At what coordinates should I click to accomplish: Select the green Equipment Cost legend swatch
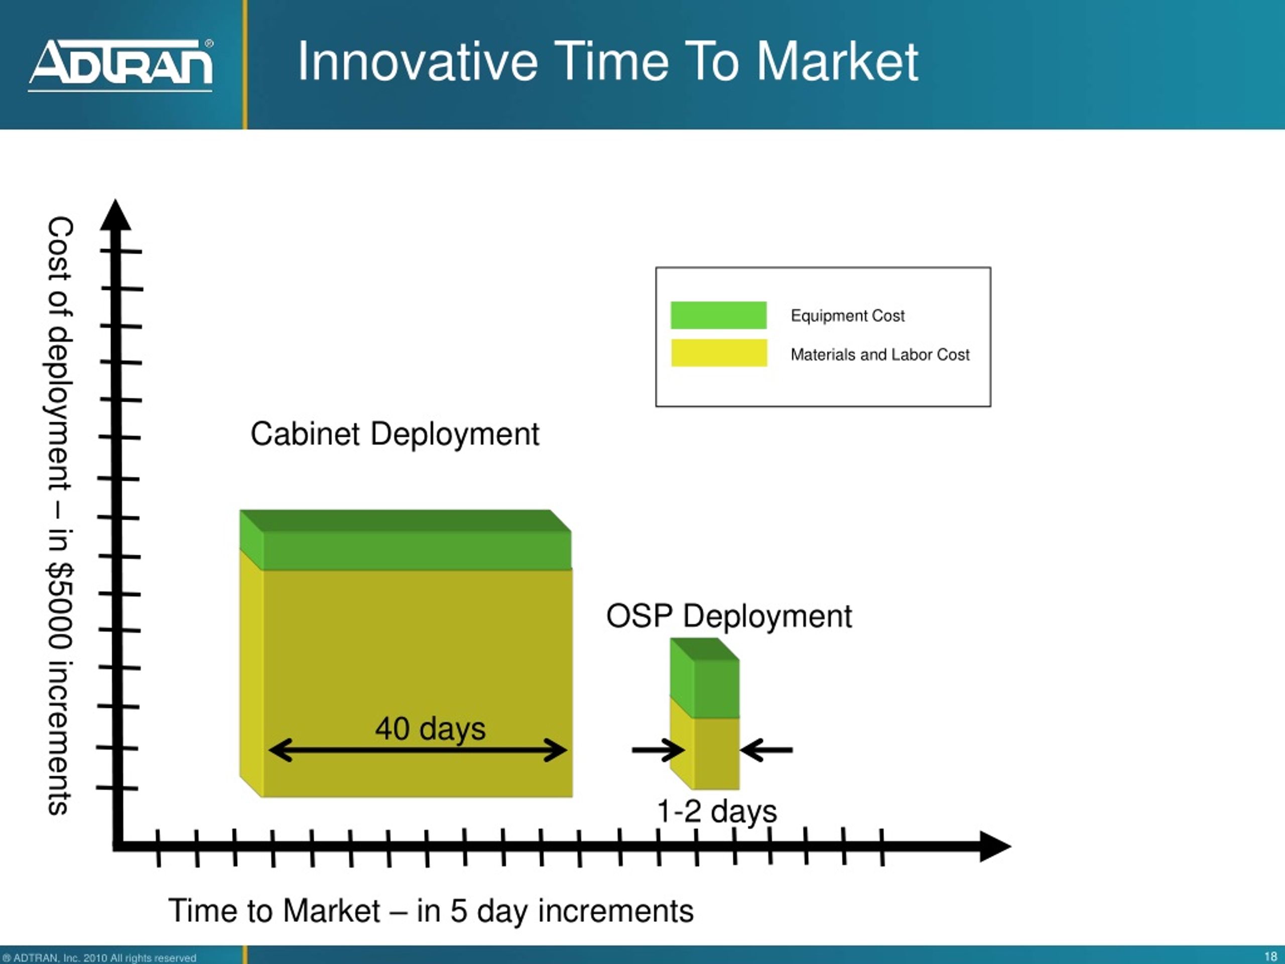point(719,315)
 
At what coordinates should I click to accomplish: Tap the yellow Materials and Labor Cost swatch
point(719,352)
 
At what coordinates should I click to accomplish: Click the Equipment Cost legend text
point(848,315)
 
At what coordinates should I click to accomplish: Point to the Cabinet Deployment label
point(395,434)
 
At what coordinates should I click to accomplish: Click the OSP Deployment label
point(728,616)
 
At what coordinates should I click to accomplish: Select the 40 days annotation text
point(430,729)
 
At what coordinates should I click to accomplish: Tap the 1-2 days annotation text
point(716,811)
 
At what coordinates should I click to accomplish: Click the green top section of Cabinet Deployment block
point(406,540)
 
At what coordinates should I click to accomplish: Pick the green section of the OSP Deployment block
point(705,678)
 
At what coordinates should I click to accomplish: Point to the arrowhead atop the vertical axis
point(115,215)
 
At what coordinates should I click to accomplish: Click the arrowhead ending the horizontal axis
point(995,846)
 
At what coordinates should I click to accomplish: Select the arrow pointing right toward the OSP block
point(658,750)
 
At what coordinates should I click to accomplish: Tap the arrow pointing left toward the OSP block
point(766,750)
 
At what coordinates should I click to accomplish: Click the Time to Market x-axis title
point(431,911)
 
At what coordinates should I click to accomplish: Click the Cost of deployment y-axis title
point(60,516)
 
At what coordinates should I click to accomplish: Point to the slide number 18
point(1270,956)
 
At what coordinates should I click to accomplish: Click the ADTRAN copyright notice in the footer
point(99,957)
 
